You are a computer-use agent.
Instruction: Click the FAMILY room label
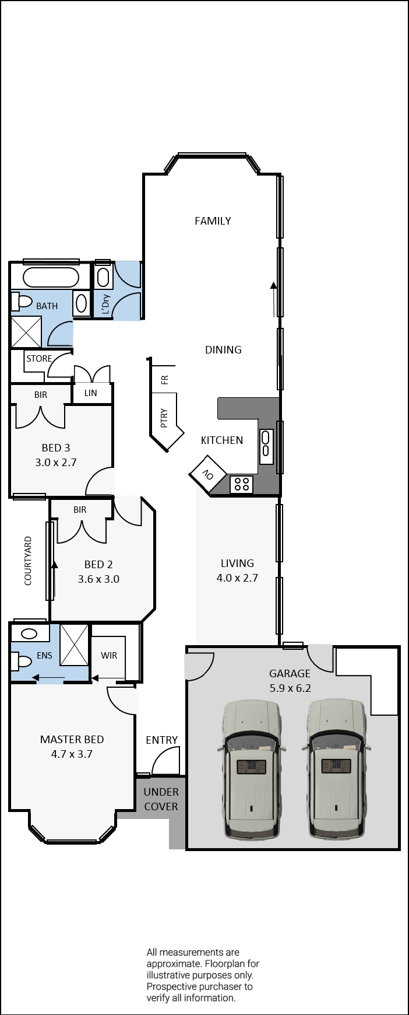(x=213, y=220)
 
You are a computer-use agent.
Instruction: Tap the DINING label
(x=223, y=349)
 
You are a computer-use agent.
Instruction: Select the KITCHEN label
(x=222, y=440)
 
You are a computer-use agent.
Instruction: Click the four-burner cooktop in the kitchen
(x=242, y=484)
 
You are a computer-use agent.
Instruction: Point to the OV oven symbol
(x=208, y=475)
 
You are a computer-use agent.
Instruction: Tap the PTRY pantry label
(x=164, y=418)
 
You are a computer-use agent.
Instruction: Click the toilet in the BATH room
(x=22, y=302)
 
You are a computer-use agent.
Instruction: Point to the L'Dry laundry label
(x=105, y=304)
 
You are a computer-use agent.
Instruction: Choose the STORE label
(x=39, y=358)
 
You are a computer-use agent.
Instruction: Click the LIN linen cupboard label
(x=90, y=393)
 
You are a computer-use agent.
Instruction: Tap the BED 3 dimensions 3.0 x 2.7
(x=55, y=462)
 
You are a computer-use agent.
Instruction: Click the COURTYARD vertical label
(x=28, y=561)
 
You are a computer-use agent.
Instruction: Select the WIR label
(x=109, y=655)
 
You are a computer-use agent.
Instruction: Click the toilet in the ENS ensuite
(x=22, y=661)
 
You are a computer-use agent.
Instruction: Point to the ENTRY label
(x=161, y=740)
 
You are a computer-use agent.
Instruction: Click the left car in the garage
(x=251, y=769)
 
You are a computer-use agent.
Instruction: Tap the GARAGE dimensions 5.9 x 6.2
(x=290, y=688)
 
